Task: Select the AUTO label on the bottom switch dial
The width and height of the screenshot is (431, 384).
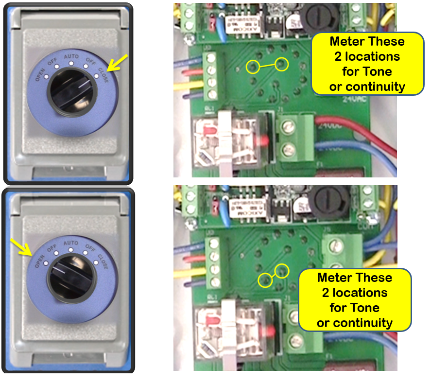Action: pos(71,242)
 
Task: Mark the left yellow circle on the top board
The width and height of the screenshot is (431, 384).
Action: pos(252,67)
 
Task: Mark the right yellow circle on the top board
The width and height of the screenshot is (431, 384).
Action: pos(282,63)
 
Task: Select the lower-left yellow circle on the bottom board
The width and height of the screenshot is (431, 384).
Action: pos(265,279)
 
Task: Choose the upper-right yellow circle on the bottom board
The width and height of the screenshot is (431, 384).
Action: pos(281,270)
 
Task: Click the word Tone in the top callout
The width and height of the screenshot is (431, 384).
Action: pos(367,72)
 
